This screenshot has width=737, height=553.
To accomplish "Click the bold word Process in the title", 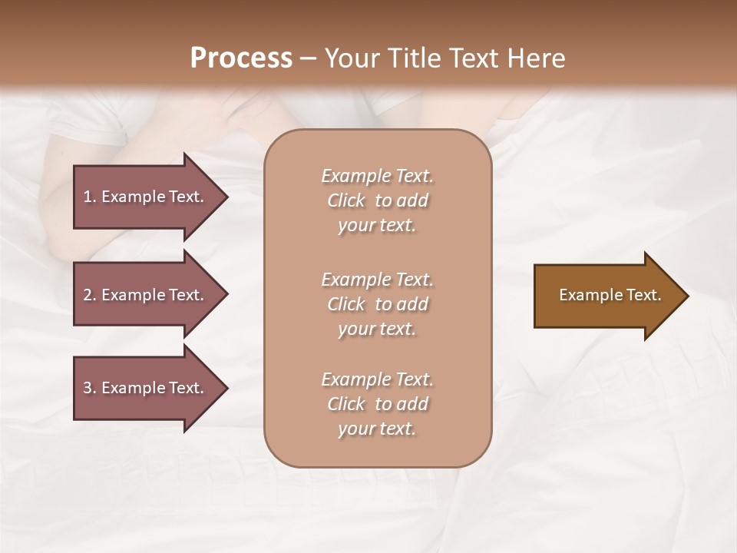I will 241,58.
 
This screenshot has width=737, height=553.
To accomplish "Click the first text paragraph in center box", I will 377,200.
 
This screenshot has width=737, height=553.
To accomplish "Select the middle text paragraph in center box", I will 377,304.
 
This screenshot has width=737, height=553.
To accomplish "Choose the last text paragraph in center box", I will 377,404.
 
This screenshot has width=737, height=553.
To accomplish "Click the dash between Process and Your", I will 309,58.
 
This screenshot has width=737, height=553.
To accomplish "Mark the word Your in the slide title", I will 353,58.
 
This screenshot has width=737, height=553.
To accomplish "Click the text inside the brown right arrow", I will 610,295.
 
